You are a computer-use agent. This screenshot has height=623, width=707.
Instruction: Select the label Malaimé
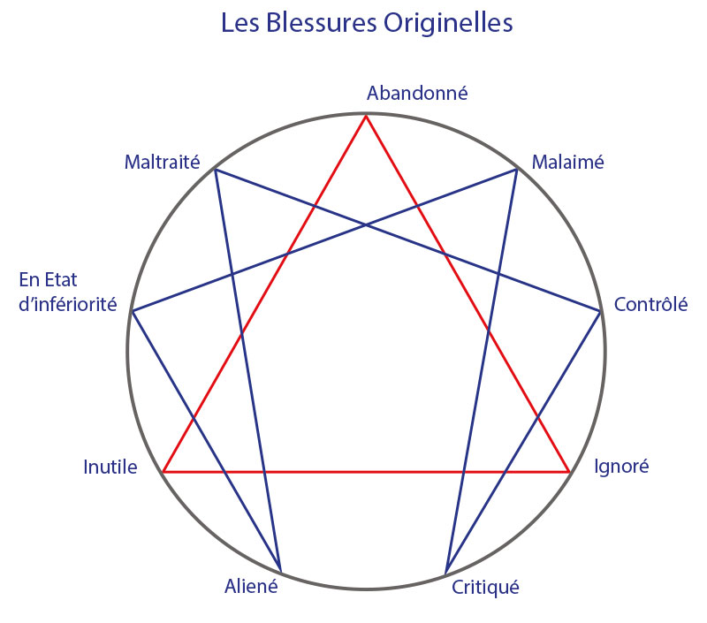tap(566, 163)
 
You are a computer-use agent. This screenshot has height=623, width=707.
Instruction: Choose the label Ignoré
tap(620, 466)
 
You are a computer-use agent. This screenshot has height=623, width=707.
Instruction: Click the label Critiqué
tap(485, 586)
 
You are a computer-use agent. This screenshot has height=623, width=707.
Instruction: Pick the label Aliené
tap(252, 585)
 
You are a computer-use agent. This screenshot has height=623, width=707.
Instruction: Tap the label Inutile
tap(110, 467)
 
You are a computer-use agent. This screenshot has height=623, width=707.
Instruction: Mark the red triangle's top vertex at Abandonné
tap(366, 114)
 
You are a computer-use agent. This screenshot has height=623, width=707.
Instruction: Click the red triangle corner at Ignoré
tap(569, 472)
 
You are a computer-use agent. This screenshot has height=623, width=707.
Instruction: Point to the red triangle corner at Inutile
tap(163, 472)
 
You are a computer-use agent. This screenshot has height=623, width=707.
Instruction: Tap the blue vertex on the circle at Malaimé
tap(517, 170)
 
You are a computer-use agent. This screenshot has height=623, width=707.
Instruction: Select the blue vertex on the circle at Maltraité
tap(216, 170)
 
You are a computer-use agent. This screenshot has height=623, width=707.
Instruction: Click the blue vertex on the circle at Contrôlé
tap(600, 311)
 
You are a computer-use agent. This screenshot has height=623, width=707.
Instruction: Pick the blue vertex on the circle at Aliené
tap(281, 571)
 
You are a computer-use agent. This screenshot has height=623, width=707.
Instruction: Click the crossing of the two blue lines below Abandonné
tap(366, 224)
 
